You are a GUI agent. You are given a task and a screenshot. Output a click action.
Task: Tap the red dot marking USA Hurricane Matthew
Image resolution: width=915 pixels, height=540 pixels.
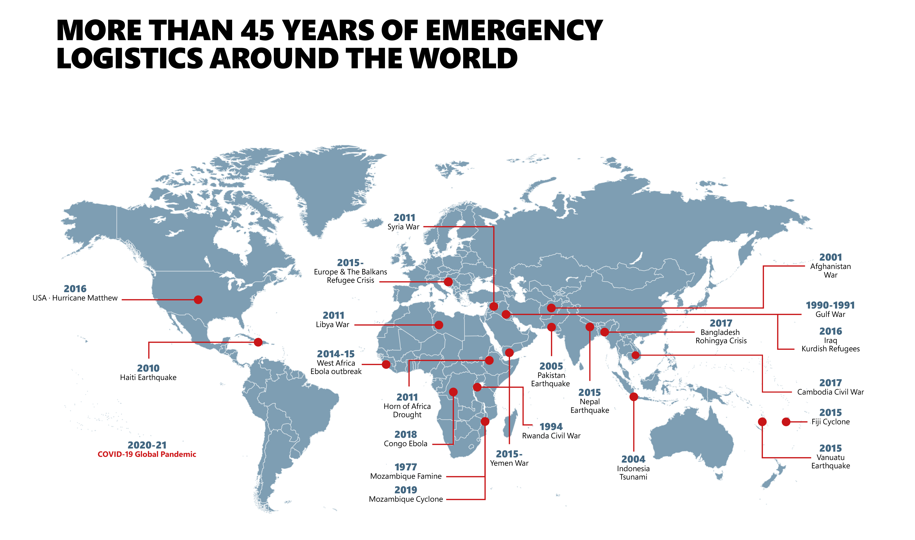point(198,299)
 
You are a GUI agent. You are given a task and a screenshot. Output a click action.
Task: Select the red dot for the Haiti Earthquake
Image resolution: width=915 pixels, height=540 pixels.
point(258,342)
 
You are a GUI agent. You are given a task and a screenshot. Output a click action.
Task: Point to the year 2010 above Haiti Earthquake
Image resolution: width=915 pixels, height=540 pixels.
point(148,368)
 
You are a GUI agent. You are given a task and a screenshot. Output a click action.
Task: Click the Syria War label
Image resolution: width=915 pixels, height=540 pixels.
point(404,227)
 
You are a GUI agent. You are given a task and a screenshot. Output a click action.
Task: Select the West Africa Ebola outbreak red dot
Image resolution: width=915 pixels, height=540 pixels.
point(386,364)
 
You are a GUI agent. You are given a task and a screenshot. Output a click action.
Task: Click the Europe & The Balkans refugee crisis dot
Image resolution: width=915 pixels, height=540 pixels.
point(448,282)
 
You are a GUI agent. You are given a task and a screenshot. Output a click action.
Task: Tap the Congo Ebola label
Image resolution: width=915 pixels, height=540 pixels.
point(405,444)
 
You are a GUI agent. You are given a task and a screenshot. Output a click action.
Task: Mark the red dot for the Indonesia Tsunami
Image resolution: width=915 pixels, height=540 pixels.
point(634,397)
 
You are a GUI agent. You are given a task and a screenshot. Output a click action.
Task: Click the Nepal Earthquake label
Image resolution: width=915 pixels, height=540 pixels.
point(589,406)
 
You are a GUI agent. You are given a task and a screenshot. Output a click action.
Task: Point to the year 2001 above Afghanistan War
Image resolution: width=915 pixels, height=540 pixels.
point(830,257)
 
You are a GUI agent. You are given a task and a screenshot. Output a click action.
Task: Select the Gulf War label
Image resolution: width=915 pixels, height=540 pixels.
point(830,314)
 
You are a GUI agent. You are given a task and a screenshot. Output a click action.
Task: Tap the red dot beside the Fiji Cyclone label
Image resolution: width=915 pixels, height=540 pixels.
point(786,422)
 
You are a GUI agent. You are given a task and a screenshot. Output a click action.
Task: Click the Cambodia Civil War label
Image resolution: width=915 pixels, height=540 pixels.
point(830,392)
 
